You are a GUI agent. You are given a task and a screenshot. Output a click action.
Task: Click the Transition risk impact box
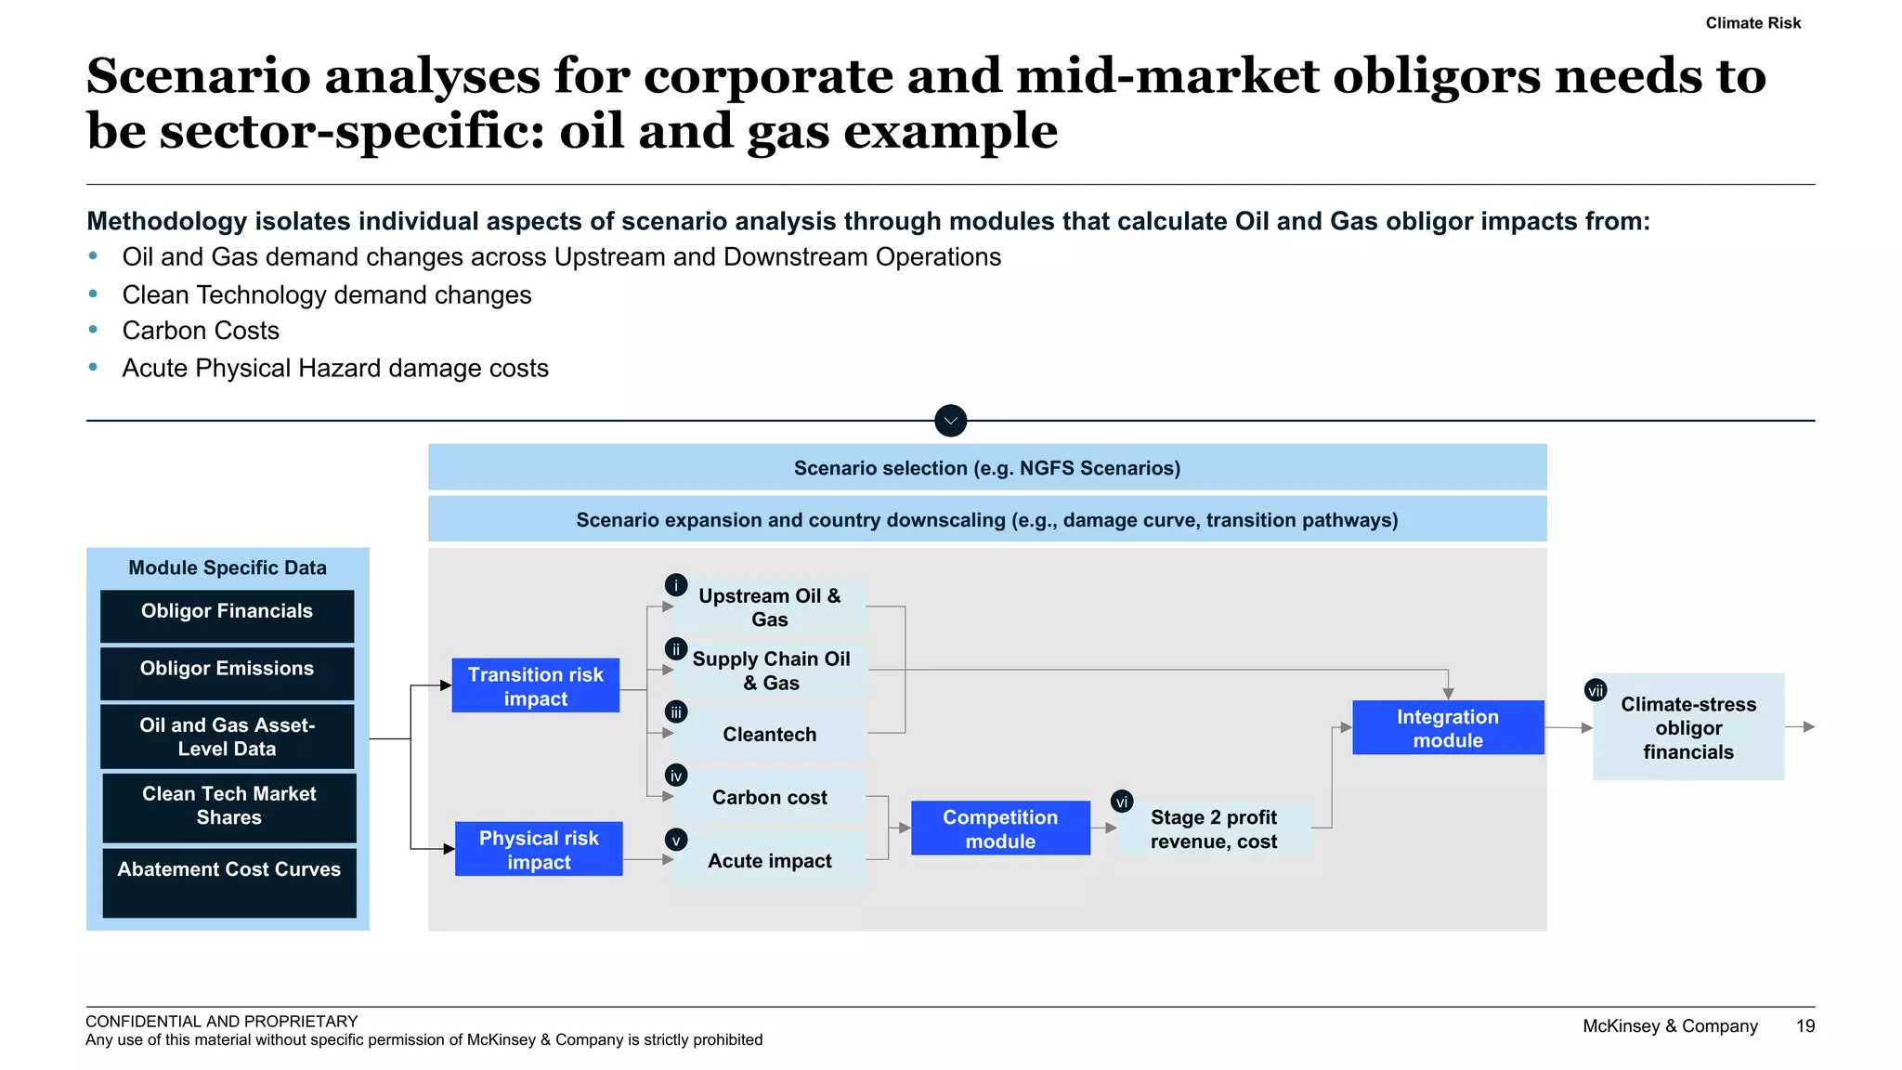535,685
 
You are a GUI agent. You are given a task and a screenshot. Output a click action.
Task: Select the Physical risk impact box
539,849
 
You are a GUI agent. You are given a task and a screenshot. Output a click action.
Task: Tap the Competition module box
1000,828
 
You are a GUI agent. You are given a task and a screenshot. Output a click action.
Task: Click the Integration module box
1447,727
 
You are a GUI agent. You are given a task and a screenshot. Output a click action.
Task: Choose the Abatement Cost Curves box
228,881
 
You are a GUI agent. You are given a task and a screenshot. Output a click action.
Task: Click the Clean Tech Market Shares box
228,806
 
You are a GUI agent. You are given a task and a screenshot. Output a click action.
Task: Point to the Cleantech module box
769,734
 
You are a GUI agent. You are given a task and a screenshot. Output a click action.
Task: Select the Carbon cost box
769,797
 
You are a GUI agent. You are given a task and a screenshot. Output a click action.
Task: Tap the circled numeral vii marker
1596,690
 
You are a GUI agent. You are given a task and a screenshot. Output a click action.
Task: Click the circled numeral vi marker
1122,802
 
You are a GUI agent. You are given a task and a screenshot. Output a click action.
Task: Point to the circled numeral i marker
676,585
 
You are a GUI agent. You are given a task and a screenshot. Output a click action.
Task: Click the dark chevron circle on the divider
950,421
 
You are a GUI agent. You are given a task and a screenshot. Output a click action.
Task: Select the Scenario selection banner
986,467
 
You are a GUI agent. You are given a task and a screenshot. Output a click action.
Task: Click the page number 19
1804,1026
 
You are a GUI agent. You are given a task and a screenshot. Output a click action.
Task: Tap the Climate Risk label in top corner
1752,23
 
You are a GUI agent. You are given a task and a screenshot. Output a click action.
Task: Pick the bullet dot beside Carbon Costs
93,330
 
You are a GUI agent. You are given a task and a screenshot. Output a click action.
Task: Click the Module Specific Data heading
228,568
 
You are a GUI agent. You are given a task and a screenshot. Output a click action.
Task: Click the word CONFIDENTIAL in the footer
140,1021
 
